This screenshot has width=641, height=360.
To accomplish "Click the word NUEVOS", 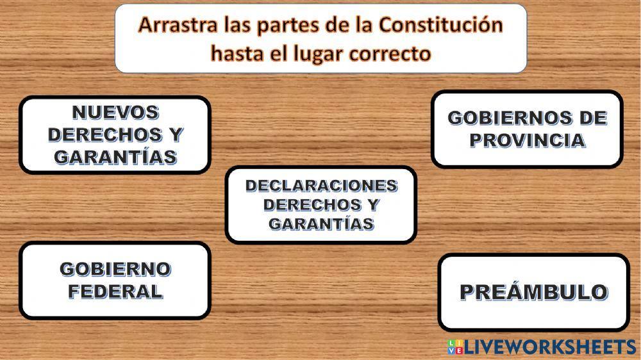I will coord(115,113).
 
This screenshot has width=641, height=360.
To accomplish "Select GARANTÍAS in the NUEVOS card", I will coord(115,157).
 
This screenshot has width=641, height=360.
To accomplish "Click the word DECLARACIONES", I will coord(321,186).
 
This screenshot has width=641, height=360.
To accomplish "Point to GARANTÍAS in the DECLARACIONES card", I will coord(321,224).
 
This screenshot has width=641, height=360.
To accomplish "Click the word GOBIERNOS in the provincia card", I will coord(501,118).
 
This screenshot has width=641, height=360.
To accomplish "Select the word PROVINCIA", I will coord(527,140).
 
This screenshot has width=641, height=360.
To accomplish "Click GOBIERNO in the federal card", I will coord(115,269).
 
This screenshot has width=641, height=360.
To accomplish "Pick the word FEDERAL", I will coord(115,291).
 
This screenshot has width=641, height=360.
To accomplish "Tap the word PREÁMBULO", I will coord(533,292).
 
